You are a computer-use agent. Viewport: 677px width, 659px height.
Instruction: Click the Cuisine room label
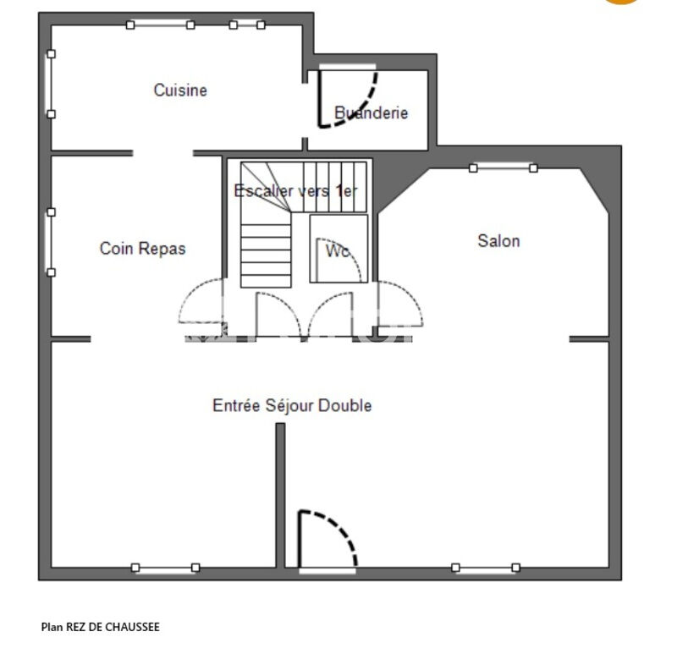click(x=180, y=91)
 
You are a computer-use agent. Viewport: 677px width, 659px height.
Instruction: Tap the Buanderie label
click(x=371, y=113)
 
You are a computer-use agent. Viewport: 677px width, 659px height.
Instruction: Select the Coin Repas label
click(x=142, y=249)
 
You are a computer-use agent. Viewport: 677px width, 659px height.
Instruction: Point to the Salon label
click(x=498, y=241)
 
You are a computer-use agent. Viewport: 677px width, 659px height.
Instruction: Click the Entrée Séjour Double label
click(x=292, y=406)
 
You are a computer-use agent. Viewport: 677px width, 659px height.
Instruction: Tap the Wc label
click(x=338, y=250)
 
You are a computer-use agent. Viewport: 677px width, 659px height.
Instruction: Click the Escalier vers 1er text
click(x=295, y=190)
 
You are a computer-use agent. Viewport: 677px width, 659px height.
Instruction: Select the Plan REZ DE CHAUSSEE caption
click(x=100, y=627)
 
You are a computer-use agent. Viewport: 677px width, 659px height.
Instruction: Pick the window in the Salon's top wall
click(x=504, y=167)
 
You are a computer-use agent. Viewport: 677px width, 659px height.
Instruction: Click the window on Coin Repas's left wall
click(x=51, y=242)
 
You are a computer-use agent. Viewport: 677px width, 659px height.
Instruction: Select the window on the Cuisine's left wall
click(x=51, y=84)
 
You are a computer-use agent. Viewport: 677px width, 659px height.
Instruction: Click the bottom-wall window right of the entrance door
click(x=486, y=568)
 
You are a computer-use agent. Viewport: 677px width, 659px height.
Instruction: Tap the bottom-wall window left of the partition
click(x=165, y=568)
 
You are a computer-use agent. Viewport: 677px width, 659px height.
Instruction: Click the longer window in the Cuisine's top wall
click(x=160, y=25)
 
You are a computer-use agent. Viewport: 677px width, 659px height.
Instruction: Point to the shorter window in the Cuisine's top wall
click(x=247, y=25)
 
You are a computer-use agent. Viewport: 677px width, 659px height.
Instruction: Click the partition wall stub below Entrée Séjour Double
click(x=280, y=495)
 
